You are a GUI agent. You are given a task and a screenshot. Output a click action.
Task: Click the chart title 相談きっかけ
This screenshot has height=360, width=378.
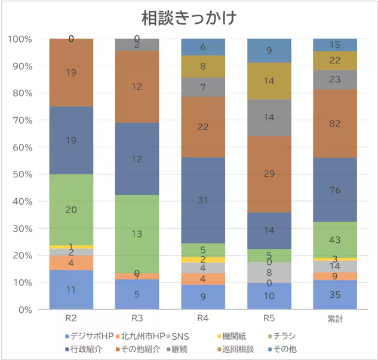189,17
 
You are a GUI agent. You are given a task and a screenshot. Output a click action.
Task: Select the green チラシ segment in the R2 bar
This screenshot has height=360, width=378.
71,210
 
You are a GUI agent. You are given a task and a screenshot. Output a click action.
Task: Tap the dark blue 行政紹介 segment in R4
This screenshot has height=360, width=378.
203,200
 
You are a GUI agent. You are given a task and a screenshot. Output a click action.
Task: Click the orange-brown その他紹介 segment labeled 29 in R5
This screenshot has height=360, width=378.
269,174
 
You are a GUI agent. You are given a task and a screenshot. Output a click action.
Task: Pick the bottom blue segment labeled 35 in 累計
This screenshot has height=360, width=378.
335,295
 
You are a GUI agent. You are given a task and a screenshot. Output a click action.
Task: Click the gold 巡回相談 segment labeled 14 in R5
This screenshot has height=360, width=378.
269,81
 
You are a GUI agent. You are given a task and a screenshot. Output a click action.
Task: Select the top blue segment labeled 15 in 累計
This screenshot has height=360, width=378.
335,45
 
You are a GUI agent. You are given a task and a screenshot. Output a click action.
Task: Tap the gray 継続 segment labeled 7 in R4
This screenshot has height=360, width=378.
203,87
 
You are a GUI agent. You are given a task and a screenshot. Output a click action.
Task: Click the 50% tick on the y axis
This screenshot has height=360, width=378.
24,174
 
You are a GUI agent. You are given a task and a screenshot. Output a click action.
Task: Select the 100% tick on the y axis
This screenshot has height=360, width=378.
21,39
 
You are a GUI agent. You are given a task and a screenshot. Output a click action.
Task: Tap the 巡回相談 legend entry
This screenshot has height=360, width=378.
239,348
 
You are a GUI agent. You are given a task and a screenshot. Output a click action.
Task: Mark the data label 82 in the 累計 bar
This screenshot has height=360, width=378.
335,124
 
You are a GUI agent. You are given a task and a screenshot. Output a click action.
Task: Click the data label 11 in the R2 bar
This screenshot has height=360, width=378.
71,290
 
